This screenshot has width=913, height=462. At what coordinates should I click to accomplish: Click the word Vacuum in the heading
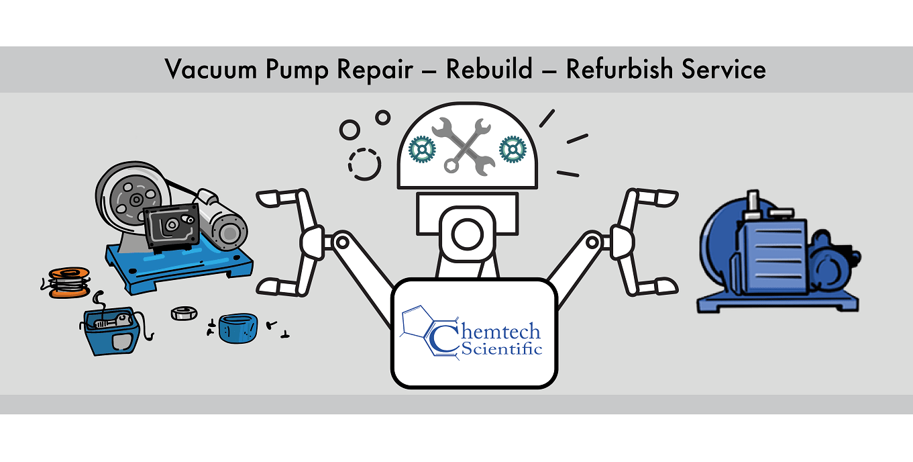pos(211,69)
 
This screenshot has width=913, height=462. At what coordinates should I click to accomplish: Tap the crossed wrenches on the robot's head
pos(464,147)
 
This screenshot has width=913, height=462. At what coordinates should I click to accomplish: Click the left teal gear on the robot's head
pos(422,149)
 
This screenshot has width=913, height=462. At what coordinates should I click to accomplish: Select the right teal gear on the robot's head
pos(513,149)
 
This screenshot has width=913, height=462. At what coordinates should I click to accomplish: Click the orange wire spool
pos(68,283)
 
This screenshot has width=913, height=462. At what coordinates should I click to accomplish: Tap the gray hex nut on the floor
pos(184,314)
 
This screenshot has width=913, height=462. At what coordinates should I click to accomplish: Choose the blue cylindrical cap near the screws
pos(238,328)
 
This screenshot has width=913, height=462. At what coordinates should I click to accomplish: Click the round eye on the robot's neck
pos(467,234)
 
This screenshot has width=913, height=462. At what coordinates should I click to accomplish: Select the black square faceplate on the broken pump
pos(172,226)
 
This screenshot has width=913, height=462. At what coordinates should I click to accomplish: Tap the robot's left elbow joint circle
pos(342,242)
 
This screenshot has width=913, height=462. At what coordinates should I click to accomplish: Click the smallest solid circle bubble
pos(383,118)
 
